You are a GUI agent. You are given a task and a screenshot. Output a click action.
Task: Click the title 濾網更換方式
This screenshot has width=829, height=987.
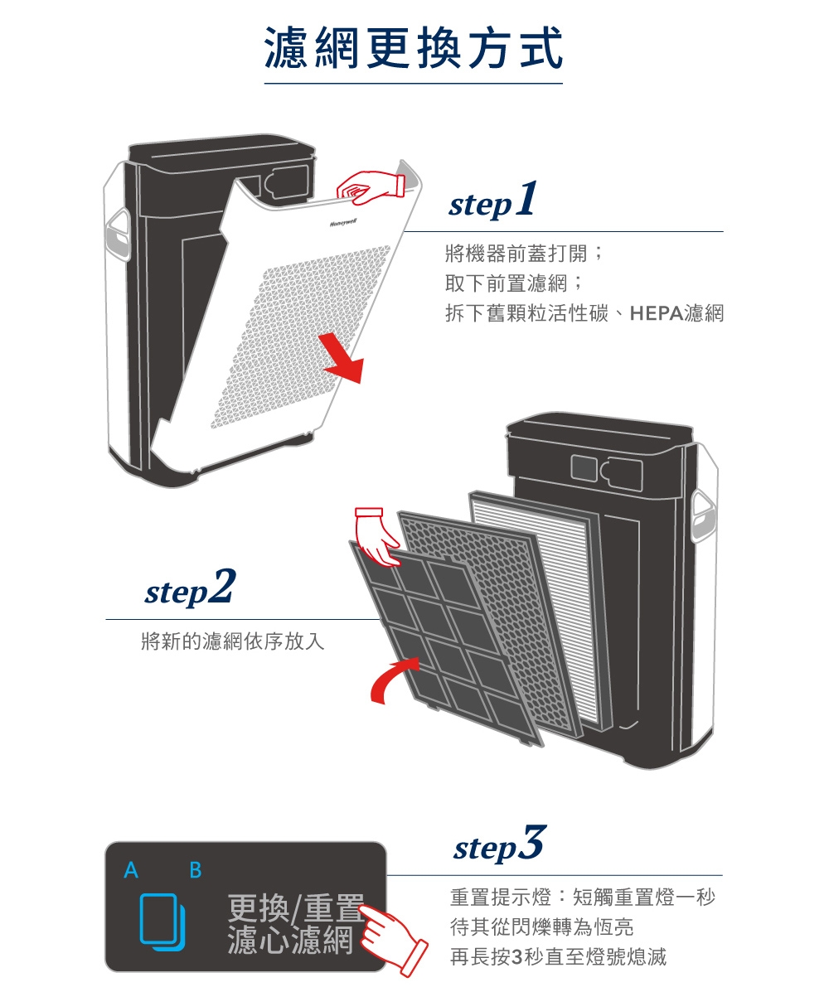point(413,47)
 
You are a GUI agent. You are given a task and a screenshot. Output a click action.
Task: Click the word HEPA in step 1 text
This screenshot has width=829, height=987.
point(657,314)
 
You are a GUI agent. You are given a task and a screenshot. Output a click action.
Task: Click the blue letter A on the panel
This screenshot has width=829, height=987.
point(130,871)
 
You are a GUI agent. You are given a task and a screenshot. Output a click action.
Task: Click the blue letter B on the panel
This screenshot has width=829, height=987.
point(196,871)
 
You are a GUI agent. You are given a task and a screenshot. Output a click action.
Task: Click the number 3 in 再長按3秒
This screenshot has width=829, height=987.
point(519,958)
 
